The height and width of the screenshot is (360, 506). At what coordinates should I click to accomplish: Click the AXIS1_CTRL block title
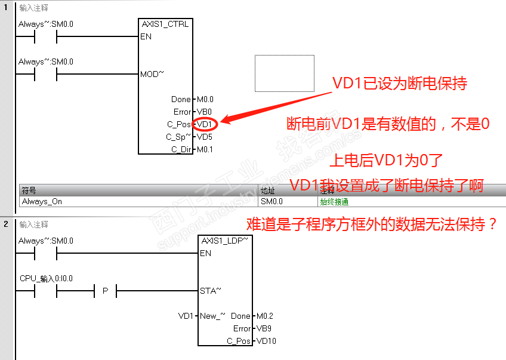point(165,24)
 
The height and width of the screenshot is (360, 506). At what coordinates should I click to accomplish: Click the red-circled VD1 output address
point(205,124)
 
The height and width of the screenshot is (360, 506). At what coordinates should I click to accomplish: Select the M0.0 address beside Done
point(205,100)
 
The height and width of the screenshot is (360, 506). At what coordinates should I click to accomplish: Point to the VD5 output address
point(203,137)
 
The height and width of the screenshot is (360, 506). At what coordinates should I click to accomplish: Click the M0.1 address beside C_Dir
point(205,149)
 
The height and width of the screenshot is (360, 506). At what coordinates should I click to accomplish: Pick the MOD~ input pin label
point(152,75)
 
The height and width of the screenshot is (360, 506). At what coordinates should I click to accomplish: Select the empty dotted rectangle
point(284,73)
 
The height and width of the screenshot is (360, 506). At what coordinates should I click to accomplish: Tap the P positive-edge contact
point(105,291)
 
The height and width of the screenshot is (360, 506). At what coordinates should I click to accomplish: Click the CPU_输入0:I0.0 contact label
point(46,279)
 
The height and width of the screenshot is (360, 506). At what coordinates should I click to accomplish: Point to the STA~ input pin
point(210,291)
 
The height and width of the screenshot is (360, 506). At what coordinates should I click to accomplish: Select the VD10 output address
point(266,341)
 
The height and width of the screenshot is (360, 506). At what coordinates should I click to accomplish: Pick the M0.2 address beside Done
point(264,316)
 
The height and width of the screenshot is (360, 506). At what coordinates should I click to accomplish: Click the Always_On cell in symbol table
point(42,202)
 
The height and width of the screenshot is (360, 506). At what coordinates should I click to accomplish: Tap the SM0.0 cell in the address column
point(271,202)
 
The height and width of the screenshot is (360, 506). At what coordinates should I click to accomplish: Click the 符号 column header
point(29,191)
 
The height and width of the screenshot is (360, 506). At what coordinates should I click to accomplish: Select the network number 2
point(6,224)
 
